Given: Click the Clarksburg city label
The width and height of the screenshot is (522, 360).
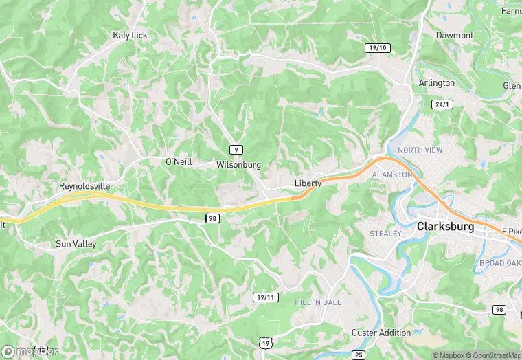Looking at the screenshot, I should click(445, 227).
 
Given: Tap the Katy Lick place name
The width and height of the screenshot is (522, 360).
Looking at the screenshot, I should click(130, 35).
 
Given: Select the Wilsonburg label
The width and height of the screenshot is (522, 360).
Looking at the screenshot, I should click(238, 165).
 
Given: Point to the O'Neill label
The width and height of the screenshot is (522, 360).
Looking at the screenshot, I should click(179, 162).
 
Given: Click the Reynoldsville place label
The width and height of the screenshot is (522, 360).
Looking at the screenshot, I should click(84, 186).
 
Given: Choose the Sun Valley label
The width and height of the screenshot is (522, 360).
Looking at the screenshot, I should click(76, 244).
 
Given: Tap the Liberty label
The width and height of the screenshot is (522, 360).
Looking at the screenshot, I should click(308, 183).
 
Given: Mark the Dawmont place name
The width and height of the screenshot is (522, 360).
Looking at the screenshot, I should click(455, 35).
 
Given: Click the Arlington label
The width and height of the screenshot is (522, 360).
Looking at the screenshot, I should click(437, 83).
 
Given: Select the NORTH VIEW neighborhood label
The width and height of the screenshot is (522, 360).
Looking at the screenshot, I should click(420, 150).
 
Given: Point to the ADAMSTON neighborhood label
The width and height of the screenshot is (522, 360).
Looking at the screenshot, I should click(391, 175).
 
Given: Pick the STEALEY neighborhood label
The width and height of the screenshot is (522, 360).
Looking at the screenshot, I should click(385, 234).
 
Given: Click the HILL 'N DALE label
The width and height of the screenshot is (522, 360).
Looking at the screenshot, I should click(318, 302).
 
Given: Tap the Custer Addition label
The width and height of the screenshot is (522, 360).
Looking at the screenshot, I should click(381, 333).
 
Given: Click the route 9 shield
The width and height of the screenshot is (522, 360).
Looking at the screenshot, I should click(236, 149).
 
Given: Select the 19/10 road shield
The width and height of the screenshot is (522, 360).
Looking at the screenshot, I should click(377, 47).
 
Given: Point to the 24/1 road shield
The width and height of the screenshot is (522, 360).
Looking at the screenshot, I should click(443, 104).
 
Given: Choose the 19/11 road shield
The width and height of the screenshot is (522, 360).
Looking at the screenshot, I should click(265, 297).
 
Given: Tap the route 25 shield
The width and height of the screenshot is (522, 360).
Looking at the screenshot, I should click(358, 355).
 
